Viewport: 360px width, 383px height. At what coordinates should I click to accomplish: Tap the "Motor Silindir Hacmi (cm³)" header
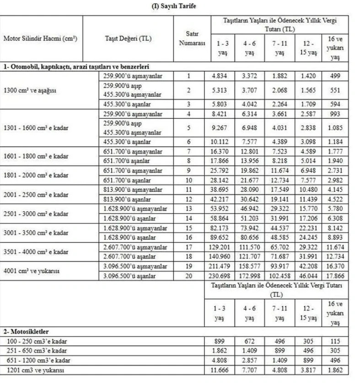(40, 38)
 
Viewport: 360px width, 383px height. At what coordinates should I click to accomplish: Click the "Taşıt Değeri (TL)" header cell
(128, 38)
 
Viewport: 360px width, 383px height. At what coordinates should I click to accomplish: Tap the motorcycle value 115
(336, 341)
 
